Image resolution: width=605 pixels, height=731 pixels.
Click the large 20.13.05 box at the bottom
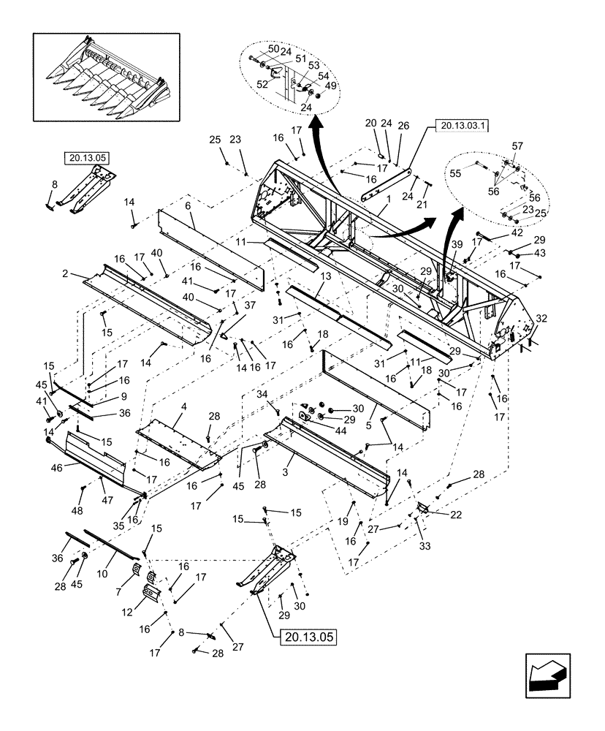pos(308,637)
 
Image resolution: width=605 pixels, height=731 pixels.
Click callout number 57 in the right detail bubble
pos(518,146)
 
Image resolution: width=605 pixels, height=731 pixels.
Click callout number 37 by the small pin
pos(248,306)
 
